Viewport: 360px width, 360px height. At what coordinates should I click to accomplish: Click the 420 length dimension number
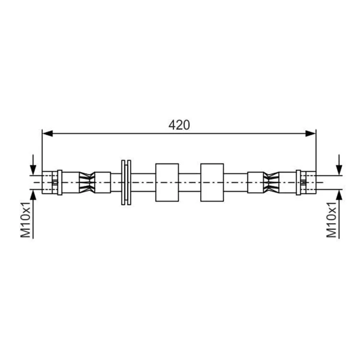(179, 125)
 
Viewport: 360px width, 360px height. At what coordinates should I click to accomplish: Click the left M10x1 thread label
(25, 220)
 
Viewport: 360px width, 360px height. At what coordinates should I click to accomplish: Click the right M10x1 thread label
(331, 220)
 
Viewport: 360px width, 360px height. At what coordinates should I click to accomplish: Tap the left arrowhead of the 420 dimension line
(48, 133)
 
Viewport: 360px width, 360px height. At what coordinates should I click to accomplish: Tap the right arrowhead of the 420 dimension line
(311, 133)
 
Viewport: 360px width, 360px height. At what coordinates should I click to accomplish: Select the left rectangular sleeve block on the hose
(167, 182)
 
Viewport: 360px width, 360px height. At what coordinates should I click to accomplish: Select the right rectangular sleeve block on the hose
(212, 182)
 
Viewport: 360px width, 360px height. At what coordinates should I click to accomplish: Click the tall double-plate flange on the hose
(126, 182)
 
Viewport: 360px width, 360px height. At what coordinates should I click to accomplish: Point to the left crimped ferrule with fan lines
(87, 182)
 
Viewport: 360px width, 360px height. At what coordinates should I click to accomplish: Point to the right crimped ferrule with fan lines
(271, 182)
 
